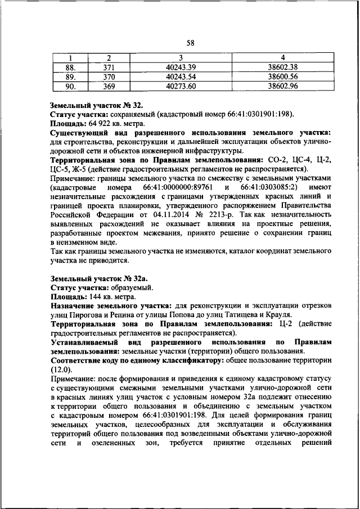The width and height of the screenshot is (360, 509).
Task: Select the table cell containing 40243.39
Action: pos(181,67)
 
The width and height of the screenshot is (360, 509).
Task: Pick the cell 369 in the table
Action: pos(109,85)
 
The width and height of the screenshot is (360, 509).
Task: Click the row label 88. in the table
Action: pos(70,67)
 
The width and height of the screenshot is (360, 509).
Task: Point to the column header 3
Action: pos(181,57)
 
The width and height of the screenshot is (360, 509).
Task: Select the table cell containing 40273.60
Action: pos(181,85)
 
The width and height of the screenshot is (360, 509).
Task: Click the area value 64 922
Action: pos(94,124)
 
